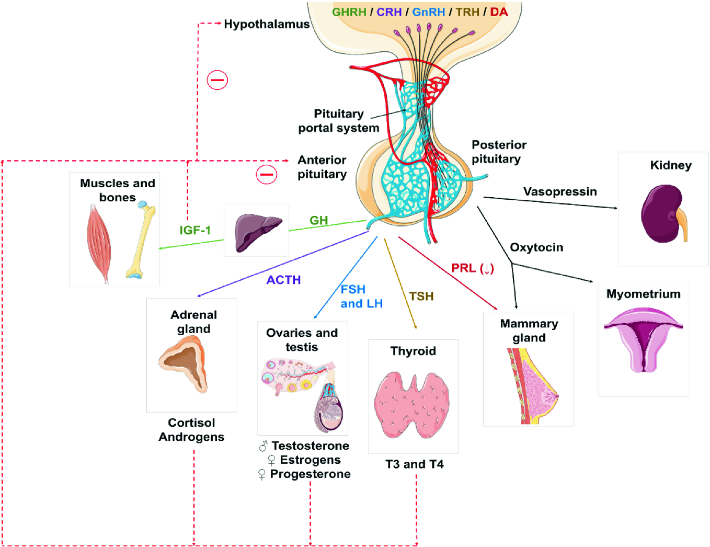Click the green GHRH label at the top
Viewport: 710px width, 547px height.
click(349, 12)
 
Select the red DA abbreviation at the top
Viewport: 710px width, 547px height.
click(498, 12)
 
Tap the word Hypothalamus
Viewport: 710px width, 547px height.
click(267, 24)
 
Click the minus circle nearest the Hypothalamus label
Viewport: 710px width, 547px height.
click(217, 80)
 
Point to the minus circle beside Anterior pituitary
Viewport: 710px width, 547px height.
click(266, 174)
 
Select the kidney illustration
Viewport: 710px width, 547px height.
click(663, 214)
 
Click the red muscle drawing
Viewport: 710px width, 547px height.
click(99, 243)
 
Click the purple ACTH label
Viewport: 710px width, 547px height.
click(283, 280)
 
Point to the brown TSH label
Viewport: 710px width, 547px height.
click(421, 297)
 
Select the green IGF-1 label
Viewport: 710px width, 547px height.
click(195, 230)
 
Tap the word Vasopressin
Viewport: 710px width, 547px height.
click(560, 192)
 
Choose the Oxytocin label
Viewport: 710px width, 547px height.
click(536, 247)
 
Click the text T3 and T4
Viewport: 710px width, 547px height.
click(414, 464)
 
